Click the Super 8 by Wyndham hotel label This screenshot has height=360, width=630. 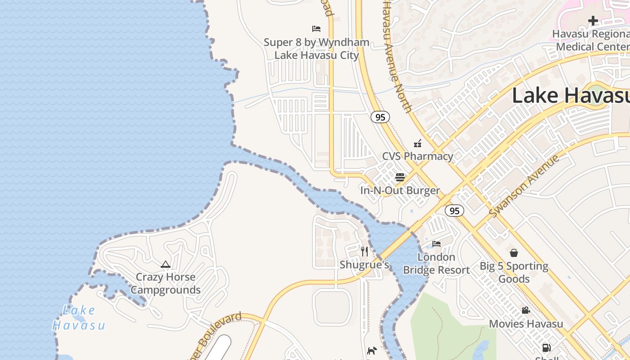(x=316, y=49)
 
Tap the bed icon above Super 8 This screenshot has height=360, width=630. (x=316, y=29)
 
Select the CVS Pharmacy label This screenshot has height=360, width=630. (x=418, y=156)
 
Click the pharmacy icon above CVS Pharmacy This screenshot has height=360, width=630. (x=418, y=144)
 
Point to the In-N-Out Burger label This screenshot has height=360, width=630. (x=400, y=190)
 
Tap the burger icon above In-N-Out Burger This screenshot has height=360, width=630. (x=400, y=177)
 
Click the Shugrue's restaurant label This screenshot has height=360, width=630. (x=364, y=265)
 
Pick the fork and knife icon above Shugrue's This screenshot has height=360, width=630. (x=364, y=252)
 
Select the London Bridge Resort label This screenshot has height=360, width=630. (x=436, y=264)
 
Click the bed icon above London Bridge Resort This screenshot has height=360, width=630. (x=436, y=244)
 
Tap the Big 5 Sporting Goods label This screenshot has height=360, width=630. (x=514, y=272)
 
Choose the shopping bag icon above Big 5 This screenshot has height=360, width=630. (x=514, y=253)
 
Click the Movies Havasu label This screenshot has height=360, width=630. (x=526, y=324)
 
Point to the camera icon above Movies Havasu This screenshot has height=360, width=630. (x=526, y=310)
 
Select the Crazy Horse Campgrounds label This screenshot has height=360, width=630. (x=166, y=283)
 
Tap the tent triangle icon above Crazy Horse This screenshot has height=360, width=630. (x=166, y=264)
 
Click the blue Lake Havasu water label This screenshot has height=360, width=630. (x=79, y=318)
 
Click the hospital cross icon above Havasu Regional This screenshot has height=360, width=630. (x=593, y=20)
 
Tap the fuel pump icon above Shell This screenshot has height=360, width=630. (x=546, y=347)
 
